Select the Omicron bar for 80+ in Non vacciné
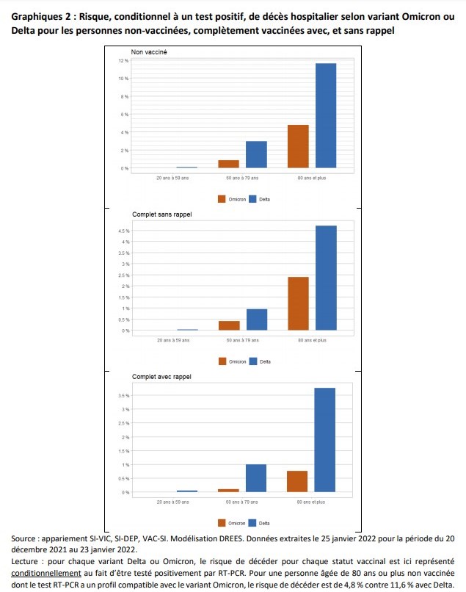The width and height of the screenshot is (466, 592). coord(298,147)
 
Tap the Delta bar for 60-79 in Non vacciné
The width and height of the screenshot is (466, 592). coord(256,154)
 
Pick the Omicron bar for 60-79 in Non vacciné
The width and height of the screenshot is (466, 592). coord(228,164)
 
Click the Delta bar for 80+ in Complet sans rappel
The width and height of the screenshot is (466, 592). coord(326,278)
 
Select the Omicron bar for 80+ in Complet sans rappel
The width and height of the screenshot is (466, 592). coord(298,303)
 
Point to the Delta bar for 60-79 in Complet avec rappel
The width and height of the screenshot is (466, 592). coord(256,478)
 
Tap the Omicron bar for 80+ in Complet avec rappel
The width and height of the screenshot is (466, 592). coord(297,481)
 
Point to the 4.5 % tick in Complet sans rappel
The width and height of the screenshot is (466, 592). coord(123,231)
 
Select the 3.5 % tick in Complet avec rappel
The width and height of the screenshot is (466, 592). coord(123,395)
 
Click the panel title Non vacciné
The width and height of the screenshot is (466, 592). coord(149,51)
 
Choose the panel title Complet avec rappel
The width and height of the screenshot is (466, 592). coord(161,377)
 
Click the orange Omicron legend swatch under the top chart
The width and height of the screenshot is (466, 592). coord(222,198)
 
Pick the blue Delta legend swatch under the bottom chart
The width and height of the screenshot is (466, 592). coord(253,523)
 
